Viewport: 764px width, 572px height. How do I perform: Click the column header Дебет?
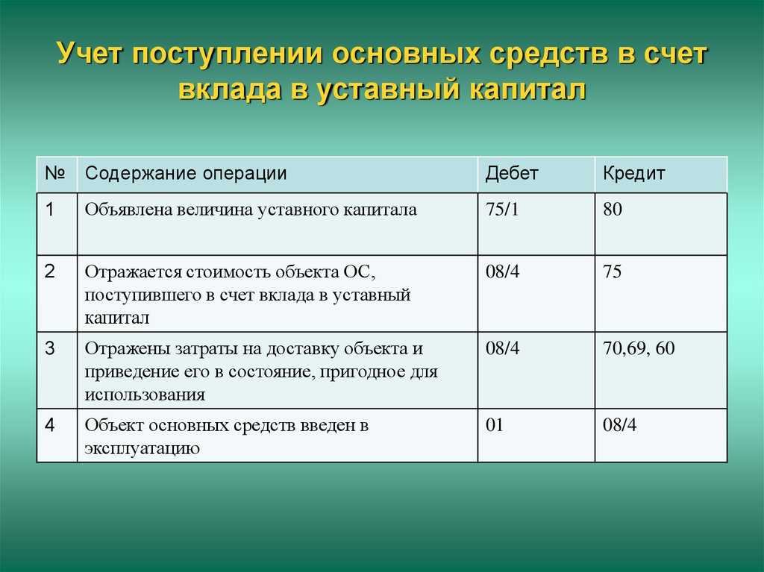tap(512, 174)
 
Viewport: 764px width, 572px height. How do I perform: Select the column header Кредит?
tap(634, 174)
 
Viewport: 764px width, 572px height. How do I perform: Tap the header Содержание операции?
tap(186, 174)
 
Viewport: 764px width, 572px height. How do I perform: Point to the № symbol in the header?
tap(55, 172)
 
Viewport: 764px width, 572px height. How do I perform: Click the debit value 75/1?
tap(502, 210)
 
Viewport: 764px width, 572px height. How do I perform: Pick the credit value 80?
tap(613, 210)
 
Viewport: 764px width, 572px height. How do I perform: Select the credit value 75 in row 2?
tap(612, 271)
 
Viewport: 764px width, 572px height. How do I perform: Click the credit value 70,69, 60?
tap(639, 348)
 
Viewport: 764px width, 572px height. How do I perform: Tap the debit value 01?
tap(494, 425)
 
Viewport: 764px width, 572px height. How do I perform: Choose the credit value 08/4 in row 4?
tap(620, 425)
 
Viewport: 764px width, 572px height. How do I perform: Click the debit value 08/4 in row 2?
tap(502, 271)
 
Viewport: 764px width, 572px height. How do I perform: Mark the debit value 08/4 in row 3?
tap(502, 348)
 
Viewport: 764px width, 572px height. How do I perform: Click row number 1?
tap(50, 210)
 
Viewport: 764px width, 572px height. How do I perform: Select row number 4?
tap(50, 425)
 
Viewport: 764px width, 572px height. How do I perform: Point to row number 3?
tap(50, 348)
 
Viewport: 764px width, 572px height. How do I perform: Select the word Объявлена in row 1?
tap(128, 210)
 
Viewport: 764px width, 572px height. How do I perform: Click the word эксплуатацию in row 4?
tap(143, 448)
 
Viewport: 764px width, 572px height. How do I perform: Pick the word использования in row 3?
tap(145, 395)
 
